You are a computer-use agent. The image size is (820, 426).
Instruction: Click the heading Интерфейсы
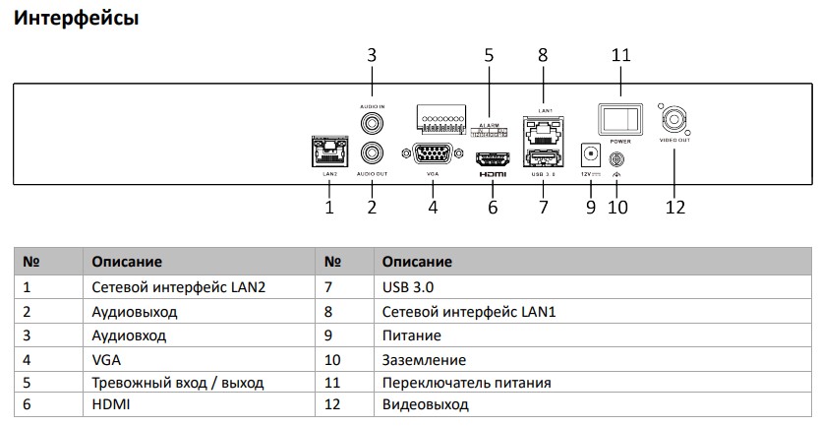tap(76, 19)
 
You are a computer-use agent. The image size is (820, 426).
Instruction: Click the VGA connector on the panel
tap(432, 154)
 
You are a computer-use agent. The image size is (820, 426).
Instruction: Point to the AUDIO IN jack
tap(373, 124)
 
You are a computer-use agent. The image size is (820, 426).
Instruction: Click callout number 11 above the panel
tap(620, 55)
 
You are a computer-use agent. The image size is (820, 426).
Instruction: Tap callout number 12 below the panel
tap(675, 207)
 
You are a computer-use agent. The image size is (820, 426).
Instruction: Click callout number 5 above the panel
tap(489, 55)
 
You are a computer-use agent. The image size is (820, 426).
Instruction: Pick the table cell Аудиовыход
tap(135, 311)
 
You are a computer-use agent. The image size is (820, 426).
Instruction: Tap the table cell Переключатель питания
tap(466, 383)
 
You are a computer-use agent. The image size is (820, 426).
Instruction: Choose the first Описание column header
tap(127, 262)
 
